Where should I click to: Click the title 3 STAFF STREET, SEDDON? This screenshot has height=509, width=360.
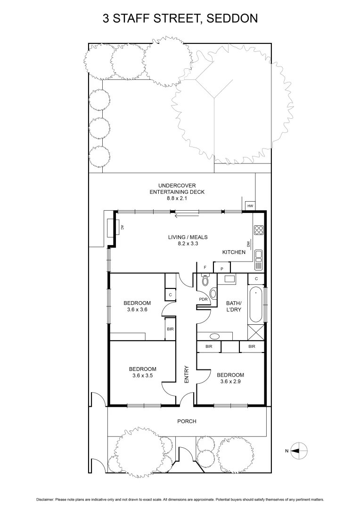[x=180, y=19]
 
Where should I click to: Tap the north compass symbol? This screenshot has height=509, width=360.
[x=298, y=451]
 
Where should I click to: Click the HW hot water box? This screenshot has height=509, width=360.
[x=250, y=206]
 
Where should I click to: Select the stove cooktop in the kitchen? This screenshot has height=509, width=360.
[x=259, y=230]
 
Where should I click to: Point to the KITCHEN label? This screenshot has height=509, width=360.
[x=234, y=252]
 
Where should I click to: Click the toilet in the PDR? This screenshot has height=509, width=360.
[x=205, y=281]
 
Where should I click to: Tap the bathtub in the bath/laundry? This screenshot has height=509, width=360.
[x=255, y=304]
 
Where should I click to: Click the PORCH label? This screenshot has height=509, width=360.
[x=187, y=421]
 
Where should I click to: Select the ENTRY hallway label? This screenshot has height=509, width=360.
[x=187, y=374]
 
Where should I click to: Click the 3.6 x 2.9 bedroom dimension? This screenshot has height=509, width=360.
[x=230, y=382]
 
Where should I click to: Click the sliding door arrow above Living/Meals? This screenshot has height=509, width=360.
[x=184, y=217]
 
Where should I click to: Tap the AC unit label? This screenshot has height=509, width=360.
[x=122, y=227]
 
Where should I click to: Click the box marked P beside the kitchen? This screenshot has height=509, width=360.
[x=221, y=269]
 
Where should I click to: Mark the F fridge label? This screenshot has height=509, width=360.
[x=205, y=267]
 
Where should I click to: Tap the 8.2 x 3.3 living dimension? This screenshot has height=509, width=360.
[x=188, y=244]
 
